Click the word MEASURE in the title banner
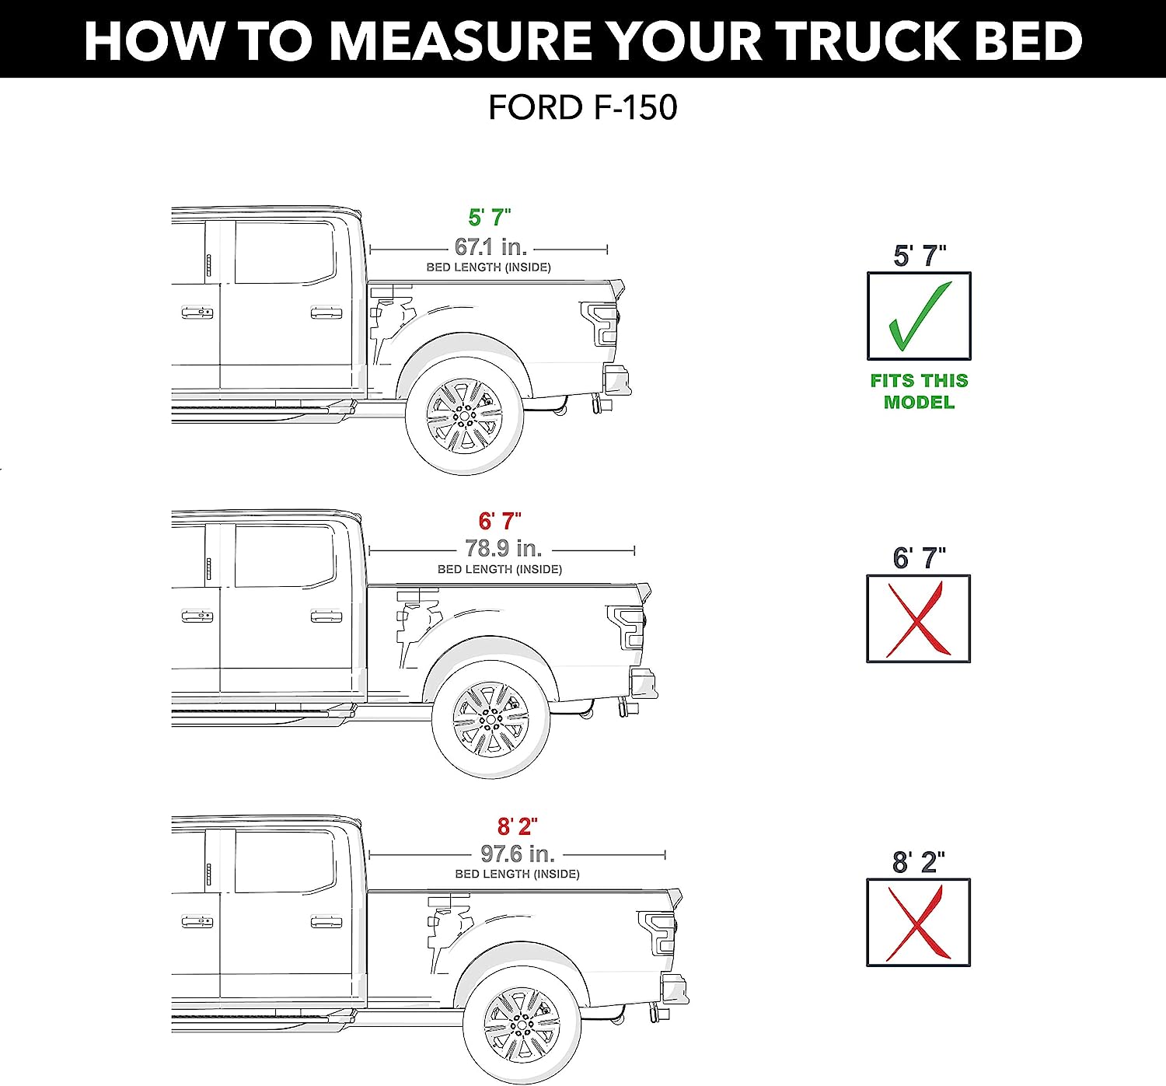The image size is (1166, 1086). point(461,40)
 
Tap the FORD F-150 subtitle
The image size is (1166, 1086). point(583,107)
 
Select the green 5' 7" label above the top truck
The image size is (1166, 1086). point(490,218)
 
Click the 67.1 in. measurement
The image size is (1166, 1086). point(490,246)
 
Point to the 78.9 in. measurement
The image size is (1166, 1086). point(504,549)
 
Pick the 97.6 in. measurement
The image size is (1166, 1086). point(518,854)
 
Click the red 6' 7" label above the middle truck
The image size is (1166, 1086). point(500,521)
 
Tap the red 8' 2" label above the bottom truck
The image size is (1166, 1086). point(517,826)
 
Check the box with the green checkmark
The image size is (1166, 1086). point(919,316)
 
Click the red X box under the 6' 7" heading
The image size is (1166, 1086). point(918,619)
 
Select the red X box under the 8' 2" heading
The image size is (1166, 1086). point(918,923)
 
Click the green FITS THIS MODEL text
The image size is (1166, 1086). point(919,391)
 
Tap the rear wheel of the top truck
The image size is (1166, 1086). point(464,416)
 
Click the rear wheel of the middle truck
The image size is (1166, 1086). point(490,719)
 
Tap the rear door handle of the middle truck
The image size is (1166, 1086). point(326,616)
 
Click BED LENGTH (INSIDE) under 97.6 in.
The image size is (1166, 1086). point(517,874)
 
